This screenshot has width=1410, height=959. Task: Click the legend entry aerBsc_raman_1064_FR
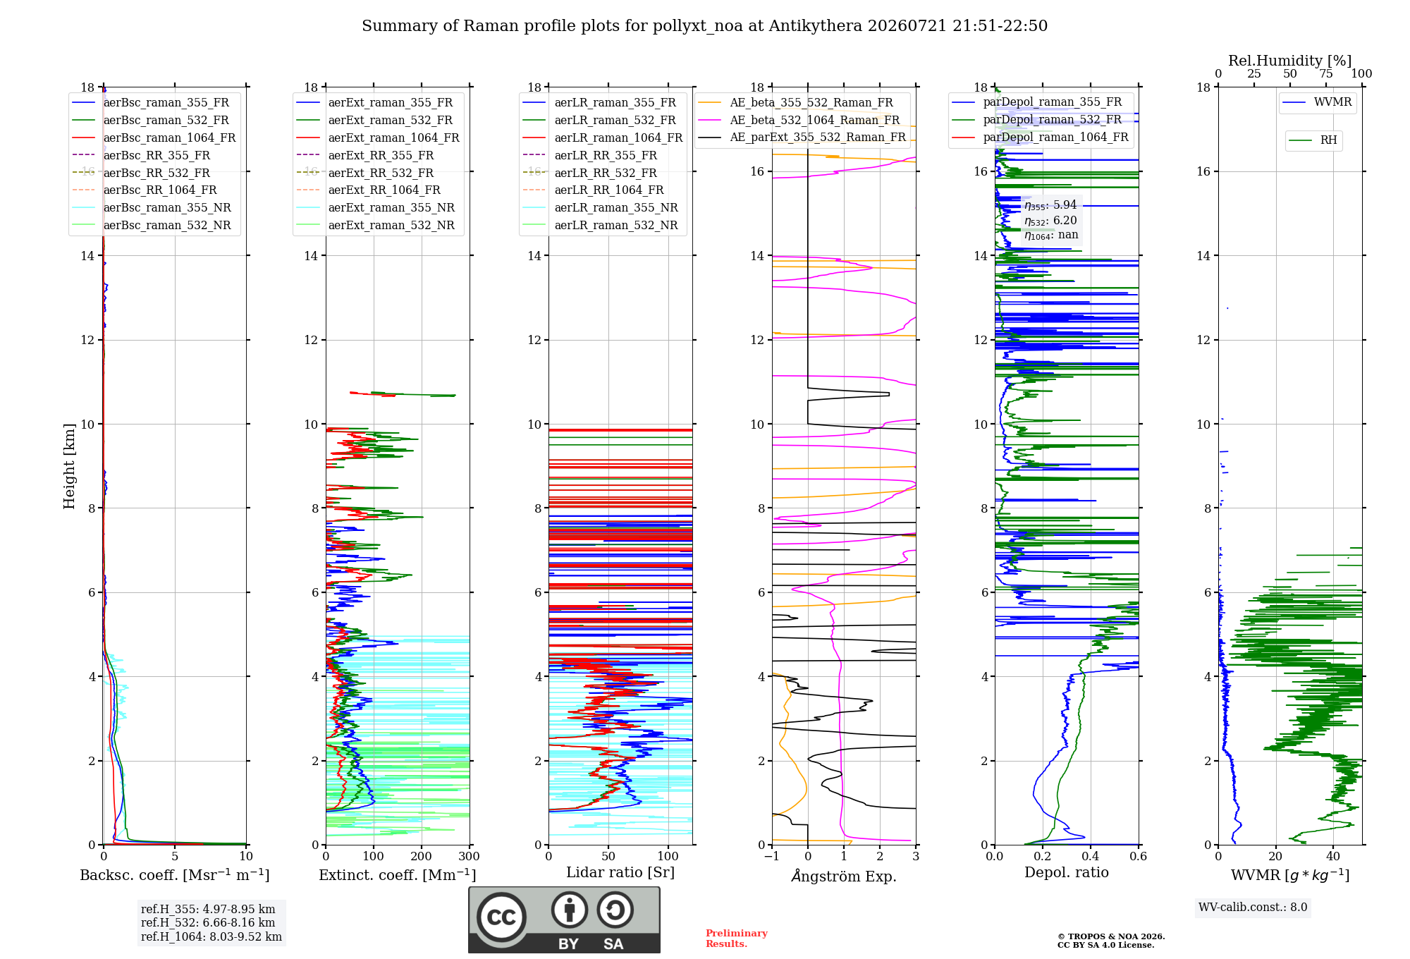154,138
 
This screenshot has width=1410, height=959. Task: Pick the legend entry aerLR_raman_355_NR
601,208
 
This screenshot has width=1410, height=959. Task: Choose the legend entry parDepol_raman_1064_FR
1040,138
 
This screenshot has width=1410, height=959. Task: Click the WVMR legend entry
1318,102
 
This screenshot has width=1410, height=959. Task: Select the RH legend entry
1313,140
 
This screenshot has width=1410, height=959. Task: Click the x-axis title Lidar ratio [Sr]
620,873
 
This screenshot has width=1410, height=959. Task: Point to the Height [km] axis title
69,466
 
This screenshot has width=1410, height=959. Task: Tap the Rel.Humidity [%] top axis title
1290,61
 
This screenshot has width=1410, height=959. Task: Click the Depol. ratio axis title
1067,873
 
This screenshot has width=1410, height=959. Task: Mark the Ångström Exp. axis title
844,876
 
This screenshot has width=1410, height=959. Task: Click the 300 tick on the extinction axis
470,857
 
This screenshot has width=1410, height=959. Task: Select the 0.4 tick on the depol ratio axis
1091,857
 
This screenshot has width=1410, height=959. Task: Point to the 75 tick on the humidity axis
1326,73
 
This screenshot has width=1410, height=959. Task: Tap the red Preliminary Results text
737,939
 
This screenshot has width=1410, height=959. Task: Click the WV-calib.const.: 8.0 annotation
1253,908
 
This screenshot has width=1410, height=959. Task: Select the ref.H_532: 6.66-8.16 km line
208,923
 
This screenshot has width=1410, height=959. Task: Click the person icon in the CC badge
570,910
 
